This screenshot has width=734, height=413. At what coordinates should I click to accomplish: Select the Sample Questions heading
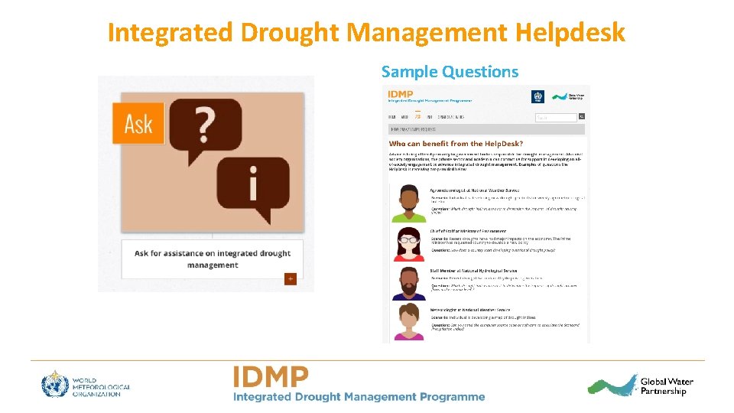pyautogui.click(x=450, y=72)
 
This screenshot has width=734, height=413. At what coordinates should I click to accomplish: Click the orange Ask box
pyautogui.click(x=138, y=122)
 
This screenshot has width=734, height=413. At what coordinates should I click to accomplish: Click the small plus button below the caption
pyautogui.click(x=291, y=279)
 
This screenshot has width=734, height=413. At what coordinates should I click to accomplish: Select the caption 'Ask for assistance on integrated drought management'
pyautogui.click(x=213, y=259)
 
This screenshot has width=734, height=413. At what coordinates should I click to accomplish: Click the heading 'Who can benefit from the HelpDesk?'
pyautogui.click(x=456, y=144)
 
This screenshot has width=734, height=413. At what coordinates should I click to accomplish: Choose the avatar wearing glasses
pyautogui.click(x=409, y=243)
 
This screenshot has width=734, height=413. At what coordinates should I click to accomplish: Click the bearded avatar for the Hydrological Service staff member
pyautogui.click(x=409, y=283)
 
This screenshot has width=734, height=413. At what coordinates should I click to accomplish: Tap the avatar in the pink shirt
pyautogui.click(x=409, y=323)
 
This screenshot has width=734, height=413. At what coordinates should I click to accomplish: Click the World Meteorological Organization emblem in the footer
pyautogui.click(x=56, y=384)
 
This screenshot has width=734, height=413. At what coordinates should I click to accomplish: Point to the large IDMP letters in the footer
pyautogui.click(x=271, y=376)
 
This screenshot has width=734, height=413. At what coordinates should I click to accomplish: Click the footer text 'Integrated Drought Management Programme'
pyautogui.click(x=359, y=396)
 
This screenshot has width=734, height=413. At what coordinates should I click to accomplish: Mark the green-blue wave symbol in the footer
pyautogui.click(x=612, y=385)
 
